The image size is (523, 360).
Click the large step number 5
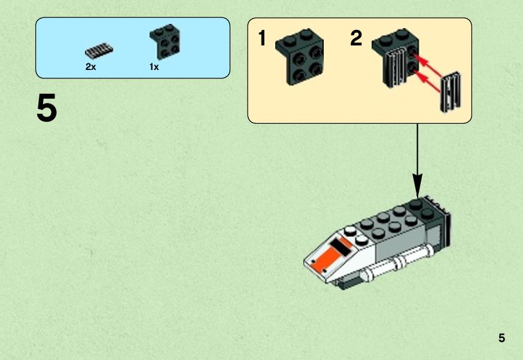47,108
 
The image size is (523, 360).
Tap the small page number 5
501,338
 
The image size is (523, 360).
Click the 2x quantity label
90,67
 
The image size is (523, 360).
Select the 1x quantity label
154,67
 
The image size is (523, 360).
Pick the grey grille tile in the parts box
99,50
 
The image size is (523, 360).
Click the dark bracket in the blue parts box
165,42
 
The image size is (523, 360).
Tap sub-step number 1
262,38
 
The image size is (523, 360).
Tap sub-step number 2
356,38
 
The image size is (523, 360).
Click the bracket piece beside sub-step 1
300,57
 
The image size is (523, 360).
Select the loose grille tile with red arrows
451,91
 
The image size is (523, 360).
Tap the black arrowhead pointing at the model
417,185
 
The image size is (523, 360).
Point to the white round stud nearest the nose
350,231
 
